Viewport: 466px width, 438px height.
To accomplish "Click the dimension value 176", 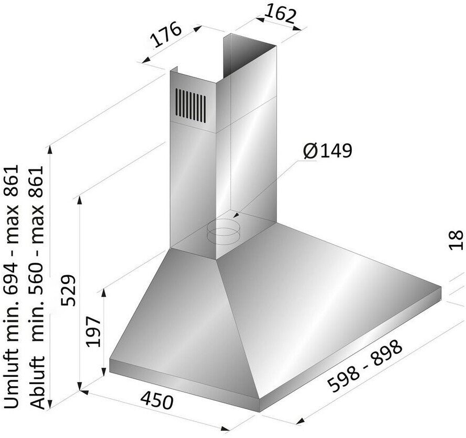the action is pyautogui.click(x=166, y=34).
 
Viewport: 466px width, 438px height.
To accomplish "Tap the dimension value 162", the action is pyautogui.click(x=281, y=14).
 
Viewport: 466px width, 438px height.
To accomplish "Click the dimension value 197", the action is pyautogui.click(x=93, y=331).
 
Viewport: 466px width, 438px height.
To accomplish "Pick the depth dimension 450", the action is pyautogui.click(x=157, y=400).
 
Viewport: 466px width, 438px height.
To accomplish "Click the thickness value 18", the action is pyautogui.click(x=456, y=240).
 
